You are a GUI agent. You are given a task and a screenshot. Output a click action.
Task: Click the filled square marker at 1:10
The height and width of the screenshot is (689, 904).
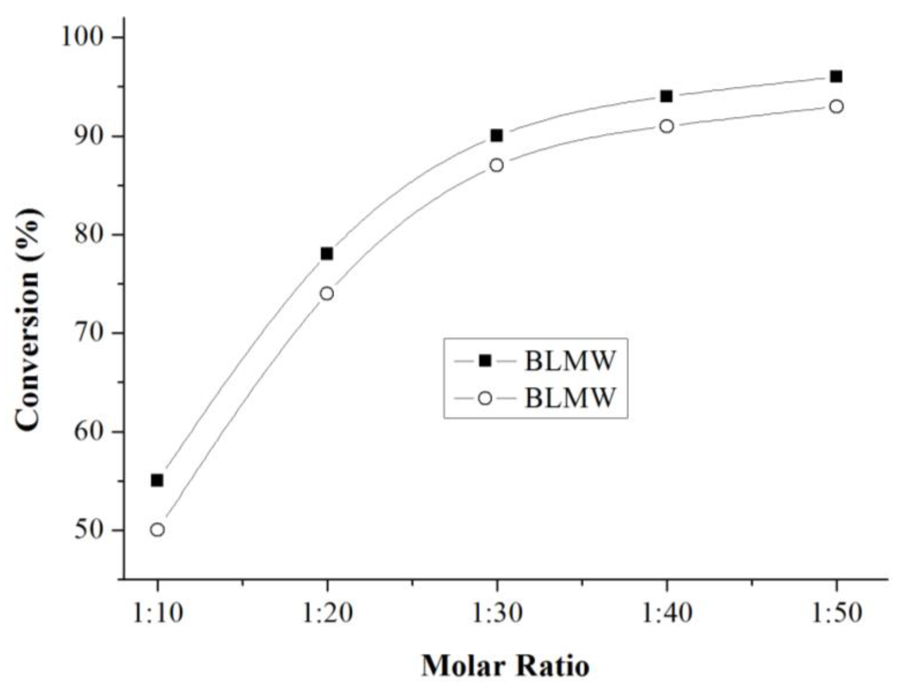pyautogui.click(x=157, y=480)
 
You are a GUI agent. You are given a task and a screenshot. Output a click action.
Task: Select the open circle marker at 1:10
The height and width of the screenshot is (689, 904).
pyautogui.click(x=157, y=530)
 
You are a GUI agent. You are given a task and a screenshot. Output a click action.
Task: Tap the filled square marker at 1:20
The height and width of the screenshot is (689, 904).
pyautogui.click(x=326, y=254)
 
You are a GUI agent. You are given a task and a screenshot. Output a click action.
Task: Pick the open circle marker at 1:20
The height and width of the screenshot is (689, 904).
pyautogui.click(x=326, y=294)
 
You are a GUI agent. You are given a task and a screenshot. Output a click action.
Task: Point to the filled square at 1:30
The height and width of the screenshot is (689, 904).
pyautogui.click(x=497, y=135)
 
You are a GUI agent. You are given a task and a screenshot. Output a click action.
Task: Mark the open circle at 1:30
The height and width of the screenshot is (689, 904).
pyautogui.click(x=497, y=165)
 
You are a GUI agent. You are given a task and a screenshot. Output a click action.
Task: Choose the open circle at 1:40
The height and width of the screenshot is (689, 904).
pyautogui.click(x=666, y=126)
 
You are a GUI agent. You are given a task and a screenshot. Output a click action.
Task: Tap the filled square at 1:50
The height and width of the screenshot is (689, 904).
pyautogui.click(x=836, y=77)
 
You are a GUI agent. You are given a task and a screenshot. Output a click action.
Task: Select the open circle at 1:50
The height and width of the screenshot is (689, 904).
pyautogui.click(x=836, y=107)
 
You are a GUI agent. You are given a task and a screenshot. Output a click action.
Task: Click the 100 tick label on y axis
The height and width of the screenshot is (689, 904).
pyautogui.click(x=81, y=37)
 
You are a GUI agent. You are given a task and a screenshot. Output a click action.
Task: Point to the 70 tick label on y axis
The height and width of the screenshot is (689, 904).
pyautogui.click(x=88, y=333)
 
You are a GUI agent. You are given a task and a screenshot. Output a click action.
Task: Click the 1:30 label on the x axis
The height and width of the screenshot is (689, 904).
pyautogui.click(x=497, y=614)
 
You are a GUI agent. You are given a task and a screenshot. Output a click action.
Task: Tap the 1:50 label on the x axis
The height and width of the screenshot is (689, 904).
pyautogui.click(x=836, y=614)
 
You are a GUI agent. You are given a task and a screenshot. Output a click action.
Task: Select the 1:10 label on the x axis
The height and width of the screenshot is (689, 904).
pyautogui.click(x=157, y=614)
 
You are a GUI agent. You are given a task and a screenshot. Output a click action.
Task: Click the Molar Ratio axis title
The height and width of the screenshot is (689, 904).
pyautogui.click(x=505, y=666)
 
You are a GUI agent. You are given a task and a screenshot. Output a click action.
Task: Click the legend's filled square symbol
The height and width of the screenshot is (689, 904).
pyautogui.click(x=485, y=361)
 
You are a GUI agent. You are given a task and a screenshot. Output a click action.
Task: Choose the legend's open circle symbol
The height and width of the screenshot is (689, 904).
pyautogui.click(x=485, y=398)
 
